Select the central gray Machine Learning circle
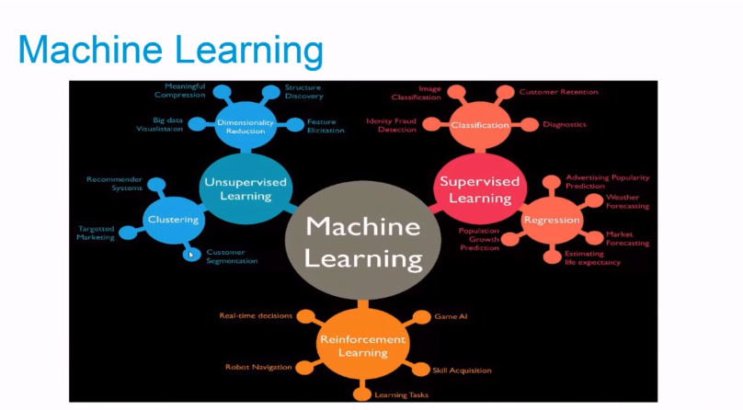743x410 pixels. tap(363, 242)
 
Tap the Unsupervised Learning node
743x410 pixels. tap(246, 188)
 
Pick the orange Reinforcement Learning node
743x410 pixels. tap(363, 345)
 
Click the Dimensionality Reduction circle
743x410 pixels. tap(246, 125)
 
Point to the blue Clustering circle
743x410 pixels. tap(173, 220)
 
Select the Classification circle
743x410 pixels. tap(480, 125)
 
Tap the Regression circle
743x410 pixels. tap(552, 220)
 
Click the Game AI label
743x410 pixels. tap(451, 315)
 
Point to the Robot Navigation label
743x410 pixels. tap(258, 367)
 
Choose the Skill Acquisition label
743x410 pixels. tap(463, 370)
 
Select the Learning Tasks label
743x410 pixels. tap(402, 394)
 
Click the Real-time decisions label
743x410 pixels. tap(256, 315)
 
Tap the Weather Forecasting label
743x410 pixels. tap(627, 201)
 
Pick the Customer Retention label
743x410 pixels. tap(558, 92)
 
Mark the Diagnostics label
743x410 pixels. tap(564, 124)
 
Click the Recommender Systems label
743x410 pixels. tap(114, 183)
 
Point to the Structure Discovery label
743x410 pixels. tap(303, 91)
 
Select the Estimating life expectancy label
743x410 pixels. tap(592, 257)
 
